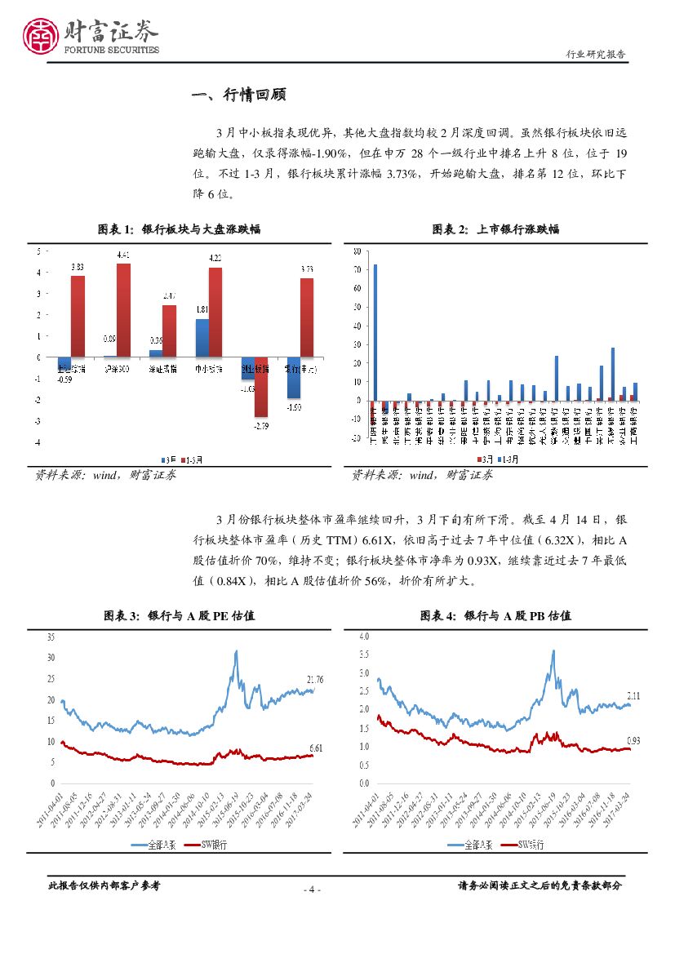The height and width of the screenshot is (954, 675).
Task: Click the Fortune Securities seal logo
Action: tap(39, 36)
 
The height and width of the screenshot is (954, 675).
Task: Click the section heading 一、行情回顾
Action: tap(238, 95)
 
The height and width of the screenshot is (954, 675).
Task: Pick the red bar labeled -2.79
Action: tap(261, 387)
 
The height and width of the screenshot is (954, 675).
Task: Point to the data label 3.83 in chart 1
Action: tap(78, 267)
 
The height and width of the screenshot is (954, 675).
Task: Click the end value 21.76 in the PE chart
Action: tap(314, 679)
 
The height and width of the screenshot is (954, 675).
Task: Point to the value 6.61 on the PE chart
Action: tap(315, 748)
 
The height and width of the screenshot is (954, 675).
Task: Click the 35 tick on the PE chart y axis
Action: tap(51, 636)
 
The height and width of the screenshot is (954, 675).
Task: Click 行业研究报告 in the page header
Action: tap(596, 55)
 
